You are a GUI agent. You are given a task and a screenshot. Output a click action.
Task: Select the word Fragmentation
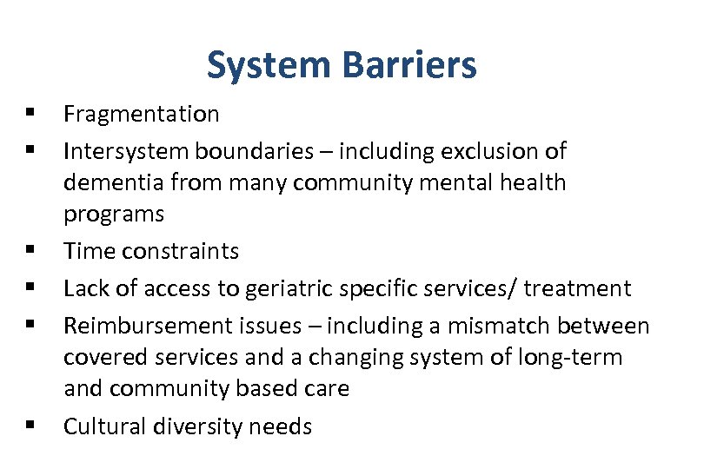(142, 114)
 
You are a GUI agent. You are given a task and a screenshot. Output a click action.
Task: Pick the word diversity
(199, 426)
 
